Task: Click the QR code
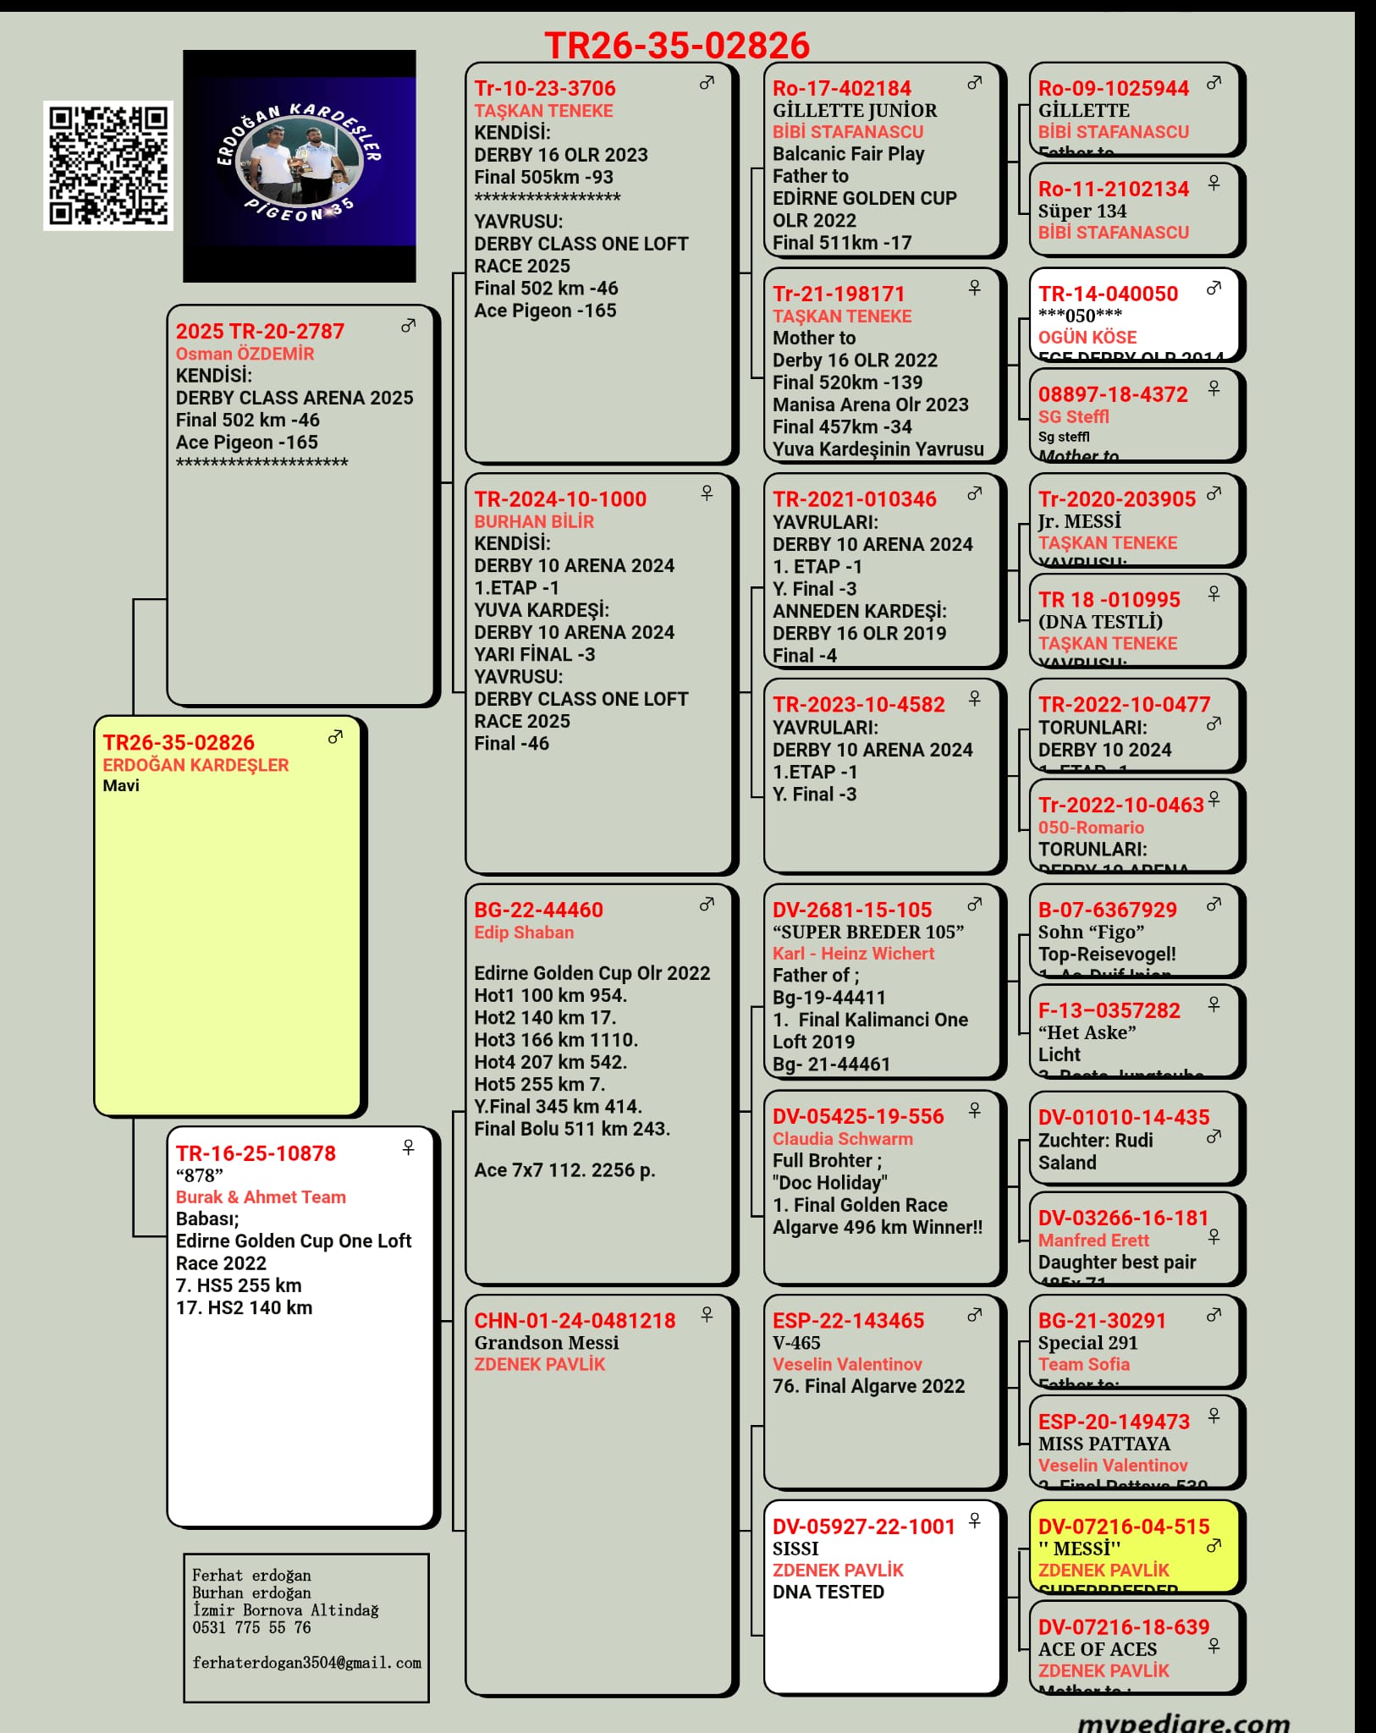[x=108, y=166]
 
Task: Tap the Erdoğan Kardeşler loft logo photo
[x=300, y=166]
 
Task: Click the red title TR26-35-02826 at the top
[x=677, y=46]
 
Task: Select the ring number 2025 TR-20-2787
[x=260, y=331]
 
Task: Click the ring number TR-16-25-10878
[x=256, y=1153]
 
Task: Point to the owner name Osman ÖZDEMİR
[x=245, y=354]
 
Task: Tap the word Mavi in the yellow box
[x=121, y=785]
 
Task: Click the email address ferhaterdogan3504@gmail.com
[x=306, y=1663]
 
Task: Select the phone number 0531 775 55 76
[x=251, y=1627]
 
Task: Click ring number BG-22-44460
[x=538, y=910]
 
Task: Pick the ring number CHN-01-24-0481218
[x=575, y=1320]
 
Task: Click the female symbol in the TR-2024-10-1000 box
[x=707, y=492]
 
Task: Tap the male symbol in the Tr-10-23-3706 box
[x=707, y=83]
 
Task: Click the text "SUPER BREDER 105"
[x=867, y=932]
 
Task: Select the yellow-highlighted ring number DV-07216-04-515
[x=1124, y=1526]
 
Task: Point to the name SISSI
[x=795, y=1549]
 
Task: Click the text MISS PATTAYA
[x=1104, y=1444]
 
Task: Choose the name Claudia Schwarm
[x=842, y=1139]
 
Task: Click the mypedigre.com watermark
[x=1183, y=1721]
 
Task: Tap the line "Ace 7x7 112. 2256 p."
[x=564, y=1169]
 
